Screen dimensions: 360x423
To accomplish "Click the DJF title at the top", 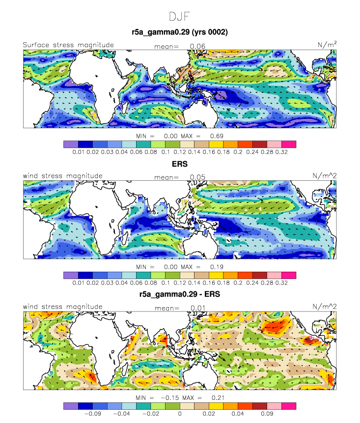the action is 180,17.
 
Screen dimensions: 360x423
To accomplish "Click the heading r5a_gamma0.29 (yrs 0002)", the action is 180,32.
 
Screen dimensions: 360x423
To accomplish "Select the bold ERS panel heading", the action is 180,164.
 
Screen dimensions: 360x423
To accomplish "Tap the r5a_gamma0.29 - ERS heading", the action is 180,294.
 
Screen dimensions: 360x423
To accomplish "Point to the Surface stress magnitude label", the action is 68,45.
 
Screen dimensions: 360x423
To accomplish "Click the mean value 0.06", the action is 197,46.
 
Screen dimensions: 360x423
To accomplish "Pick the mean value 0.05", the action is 197,177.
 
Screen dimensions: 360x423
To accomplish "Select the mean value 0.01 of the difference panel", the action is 198,308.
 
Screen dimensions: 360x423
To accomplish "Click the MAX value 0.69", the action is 217,136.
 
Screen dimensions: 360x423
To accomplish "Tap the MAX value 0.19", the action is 217,267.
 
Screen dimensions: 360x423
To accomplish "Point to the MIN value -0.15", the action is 169,397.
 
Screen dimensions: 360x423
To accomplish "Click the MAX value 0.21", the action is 218,397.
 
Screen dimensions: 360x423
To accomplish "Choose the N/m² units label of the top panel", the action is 327,45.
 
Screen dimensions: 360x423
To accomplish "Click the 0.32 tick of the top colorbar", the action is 281,152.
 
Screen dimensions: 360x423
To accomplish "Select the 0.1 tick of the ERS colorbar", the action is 166,282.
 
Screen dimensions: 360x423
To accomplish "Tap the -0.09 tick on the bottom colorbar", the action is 93,414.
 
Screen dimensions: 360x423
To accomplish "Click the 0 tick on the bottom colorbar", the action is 180,414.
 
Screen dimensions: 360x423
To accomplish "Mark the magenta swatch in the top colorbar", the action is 289,144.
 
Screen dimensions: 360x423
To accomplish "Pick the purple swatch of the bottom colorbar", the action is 71,406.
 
